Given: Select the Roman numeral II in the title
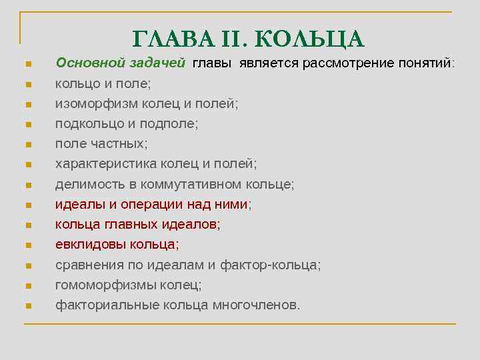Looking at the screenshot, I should point(235,38).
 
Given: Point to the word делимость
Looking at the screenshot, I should point(87,184).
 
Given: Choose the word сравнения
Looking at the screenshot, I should point(88,265).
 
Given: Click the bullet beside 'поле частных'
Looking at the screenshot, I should point(28,145).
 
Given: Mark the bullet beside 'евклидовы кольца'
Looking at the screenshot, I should point(28,245).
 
